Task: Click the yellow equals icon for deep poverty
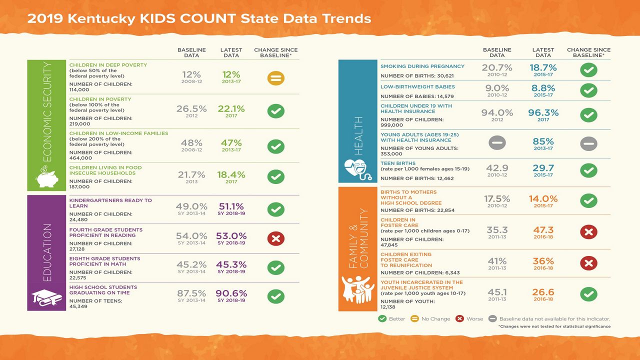coord(275,78)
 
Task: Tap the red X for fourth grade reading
coord(275,238)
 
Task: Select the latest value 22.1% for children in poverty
coord(231,108)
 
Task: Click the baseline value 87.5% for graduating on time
coord(191,293)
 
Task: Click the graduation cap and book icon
coord(46,298)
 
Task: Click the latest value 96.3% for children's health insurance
coord(543,113)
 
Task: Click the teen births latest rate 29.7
coord(543,168)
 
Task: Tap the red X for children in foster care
coord(588,232)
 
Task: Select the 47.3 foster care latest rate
coord(543,230)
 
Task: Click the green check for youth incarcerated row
coord(588,294)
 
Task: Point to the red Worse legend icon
coord(460,318)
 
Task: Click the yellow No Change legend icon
coord(414,318)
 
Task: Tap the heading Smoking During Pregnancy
coord(422,66)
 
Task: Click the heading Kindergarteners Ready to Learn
coord(110,203)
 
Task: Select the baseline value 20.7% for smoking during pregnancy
coord(497,67)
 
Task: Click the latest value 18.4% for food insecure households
coord(231,174)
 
